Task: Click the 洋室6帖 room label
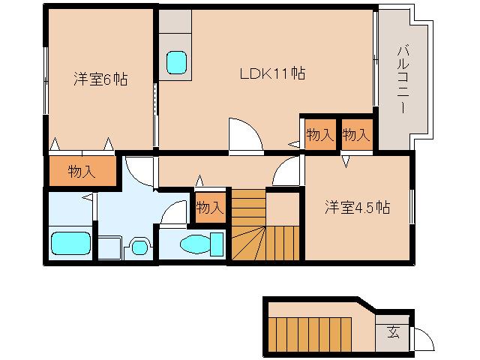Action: [100, 79]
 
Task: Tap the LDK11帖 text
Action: [271, 73]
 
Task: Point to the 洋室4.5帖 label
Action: [357, 206]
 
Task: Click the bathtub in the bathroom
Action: [70, 244]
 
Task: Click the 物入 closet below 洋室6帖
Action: [82, 172]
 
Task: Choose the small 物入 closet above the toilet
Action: [209, 207]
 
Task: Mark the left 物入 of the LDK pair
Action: [320, 135]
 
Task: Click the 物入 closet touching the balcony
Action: [356, 135]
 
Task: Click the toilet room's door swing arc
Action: [175, 213]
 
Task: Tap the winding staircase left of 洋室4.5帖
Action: [265, 225]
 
